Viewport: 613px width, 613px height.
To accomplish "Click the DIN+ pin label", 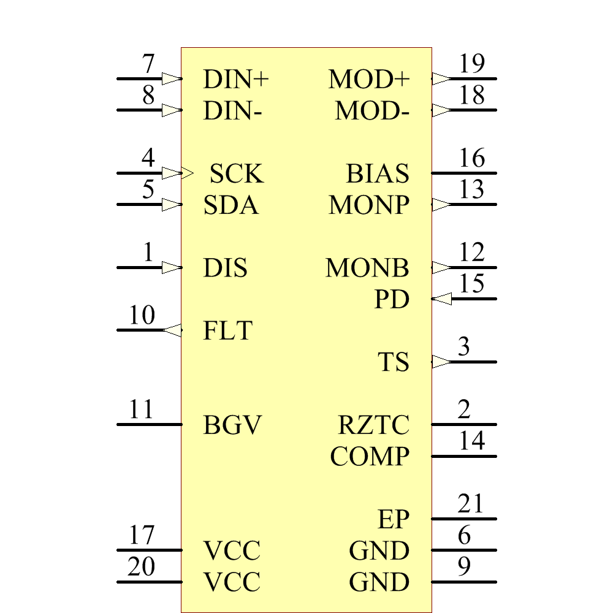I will (236, 79).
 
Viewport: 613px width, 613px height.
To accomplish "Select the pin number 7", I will (148, 64).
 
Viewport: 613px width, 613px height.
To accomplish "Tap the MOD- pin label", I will (372, 112).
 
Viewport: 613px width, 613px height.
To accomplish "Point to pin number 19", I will (471, 64).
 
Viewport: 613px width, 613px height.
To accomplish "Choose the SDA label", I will (231, 205).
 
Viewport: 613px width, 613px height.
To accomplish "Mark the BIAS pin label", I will (378, 174).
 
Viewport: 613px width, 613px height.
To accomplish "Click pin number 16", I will (471, 158).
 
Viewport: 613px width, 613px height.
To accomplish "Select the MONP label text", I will (369, 205).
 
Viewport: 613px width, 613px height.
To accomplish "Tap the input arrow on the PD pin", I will (441, 299).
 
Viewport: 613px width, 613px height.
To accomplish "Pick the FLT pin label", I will (227, 331).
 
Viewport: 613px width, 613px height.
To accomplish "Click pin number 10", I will (142, 316).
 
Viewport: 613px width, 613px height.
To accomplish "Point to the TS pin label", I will (394, 362).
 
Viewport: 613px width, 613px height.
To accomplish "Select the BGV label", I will (232, 425).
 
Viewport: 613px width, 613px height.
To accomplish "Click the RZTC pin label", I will (374, 425).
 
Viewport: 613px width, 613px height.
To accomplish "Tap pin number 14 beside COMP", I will (471, 441).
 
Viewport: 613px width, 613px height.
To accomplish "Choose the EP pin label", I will (394, 520).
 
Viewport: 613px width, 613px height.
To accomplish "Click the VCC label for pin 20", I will (232, 582).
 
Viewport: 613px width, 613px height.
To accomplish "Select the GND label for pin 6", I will (379, 551).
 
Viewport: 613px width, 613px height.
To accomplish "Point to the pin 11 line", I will (149, 424).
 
